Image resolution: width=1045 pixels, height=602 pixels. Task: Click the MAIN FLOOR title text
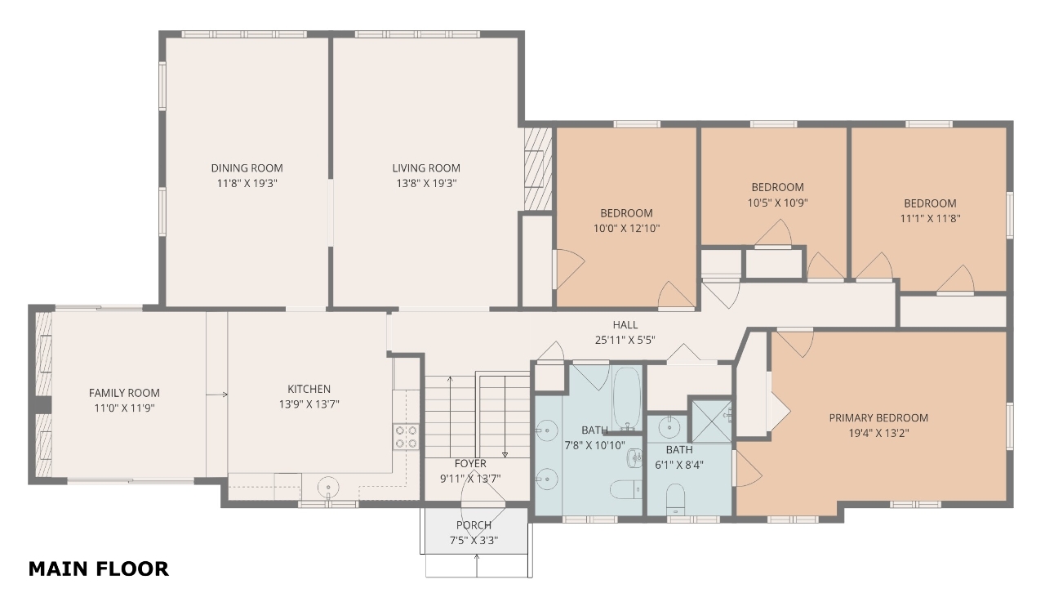click(99, 569)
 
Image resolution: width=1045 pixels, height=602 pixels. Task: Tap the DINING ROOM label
click(247, 168)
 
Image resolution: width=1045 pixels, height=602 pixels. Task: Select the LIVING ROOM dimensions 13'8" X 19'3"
click(426, 184)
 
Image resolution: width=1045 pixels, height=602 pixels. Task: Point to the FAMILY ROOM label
click(124, 393)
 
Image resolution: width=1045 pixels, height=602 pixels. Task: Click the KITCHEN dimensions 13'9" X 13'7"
click(309, 404)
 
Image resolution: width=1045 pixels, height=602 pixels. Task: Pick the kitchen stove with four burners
click(406, 437)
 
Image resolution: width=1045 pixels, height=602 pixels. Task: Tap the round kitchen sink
click(328, 487)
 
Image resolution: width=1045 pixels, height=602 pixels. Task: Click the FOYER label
click(470, 463)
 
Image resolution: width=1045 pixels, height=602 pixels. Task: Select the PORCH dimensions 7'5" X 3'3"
click(474, 541)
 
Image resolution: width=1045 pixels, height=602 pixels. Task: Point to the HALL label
click(625, 325)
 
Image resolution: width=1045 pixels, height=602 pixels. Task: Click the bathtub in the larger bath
click(627, 399)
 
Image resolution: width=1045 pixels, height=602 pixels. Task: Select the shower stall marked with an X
click(711, 421)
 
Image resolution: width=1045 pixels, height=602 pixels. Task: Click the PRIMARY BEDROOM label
click(878, 417)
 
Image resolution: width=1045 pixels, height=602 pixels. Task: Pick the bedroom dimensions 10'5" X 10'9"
click(778, 203)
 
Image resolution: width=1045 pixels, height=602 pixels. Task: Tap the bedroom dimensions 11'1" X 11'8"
click(930, 218)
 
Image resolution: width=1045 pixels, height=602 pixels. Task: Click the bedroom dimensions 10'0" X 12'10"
click(626, 229)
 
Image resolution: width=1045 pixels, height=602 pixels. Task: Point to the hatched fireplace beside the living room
click(538, 169)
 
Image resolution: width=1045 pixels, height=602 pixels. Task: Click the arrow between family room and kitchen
click(217, 395)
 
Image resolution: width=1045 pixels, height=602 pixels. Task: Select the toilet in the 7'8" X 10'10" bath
click(626, 489)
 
